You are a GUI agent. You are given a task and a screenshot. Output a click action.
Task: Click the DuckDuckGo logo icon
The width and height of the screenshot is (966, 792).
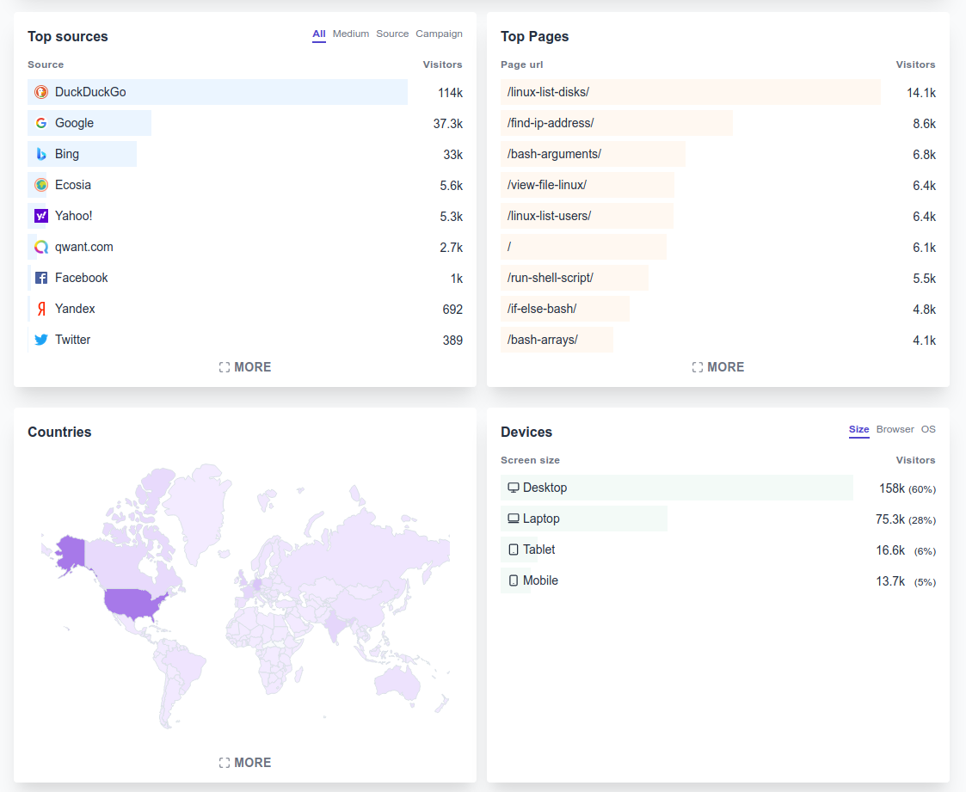pyautogui.click(x=41, y=92)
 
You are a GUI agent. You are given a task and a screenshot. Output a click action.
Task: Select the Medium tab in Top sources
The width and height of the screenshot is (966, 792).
pyautogui.click(x=351, y=34)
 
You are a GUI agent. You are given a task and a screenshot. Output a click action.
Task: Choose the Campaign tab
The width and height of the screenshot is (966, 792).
pyautogui.click(x=439, y=34)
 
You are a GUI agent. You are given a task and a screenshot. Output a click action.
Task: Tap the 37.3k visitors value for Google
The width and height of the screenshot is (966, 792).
pyautogui.click(x=447, y=124)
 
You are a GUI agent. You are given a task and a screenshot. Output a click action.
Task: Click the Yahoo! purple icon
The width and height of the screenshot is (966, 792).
pyautogui.click(x=41, y=216)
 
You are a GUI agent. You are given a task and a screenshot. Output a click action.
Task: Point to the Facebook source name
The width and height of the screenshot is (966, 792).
pyautogui.click(x=82, y=278)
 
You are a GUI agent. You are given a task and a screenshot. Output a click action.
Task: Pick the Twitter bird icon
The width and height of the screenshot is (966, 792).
pyautogui.click(x=41, y=340)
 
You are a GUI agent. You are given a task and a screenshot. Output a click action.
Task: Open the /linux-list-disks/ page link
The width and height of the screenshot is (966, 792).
pyautogui.click(x=548, y=92)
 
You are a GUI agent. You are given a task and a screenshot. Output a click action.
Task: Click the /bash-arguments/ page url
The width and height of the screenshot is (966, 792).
pyautogui.click(x=554, y=154)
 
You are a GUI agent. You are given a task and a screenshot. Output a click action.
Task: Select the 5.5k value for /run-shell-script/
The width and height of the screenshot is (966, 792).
pyautogui.click(x=924, y=279)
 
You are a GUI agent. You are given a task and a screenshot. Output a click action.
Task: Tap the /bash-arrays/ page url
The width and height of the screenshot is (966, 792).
pyautogui.click(x=542, y=340)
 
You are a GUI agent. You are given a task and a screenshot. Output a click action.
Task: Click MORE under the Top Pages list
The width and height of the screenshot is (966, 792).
pyautogui.click(x=718, y=367)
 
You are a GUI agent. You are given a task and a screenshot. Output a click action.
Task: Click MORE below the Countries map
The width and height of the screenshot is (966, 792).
pyautogui.click(x=245, y=763)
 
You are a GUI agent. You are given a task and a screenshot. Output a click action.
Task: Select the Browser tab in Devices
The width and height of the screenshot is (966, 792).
pyautogui.click(x=895, y=430)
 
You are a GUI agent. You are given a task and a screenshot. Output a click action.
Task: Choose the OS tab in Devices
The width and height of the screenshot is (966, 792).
pyautogui.click(x=928, y=430)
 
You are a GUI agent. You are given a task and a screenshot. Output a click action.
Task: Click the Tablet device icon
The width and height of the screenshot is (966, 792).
pyautogui.click(x=514, y=549)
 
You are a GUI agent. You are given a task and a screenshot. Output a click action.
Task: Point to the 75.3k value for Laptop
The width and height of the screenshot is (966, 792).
pyautogui.click(x=889, y=519)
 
